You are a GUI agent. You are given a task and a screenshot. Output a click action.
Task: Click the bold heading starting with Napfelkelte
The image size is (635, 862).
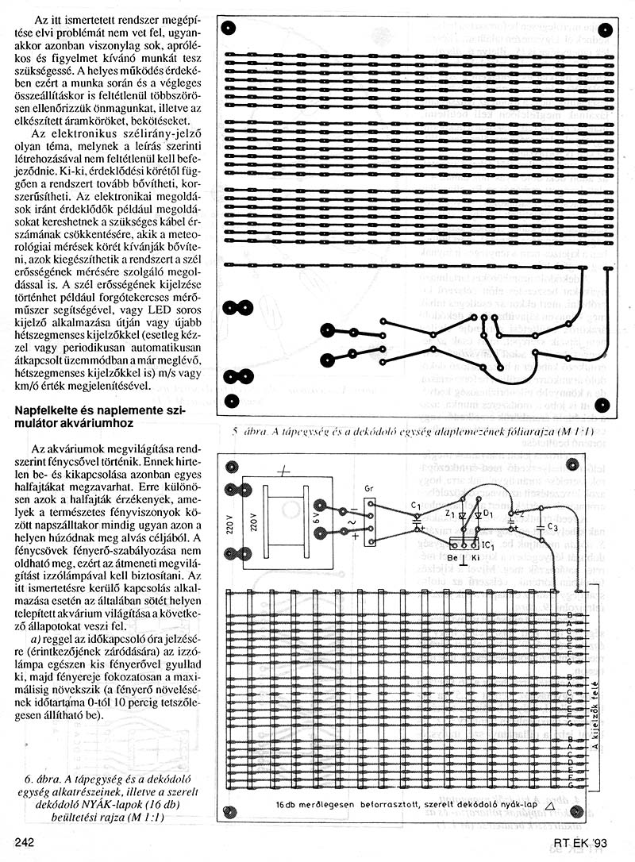coord(106,417)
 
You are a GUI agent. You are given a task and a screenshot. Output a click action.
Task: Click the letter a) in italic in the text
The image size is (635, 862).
coord(37,637)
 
